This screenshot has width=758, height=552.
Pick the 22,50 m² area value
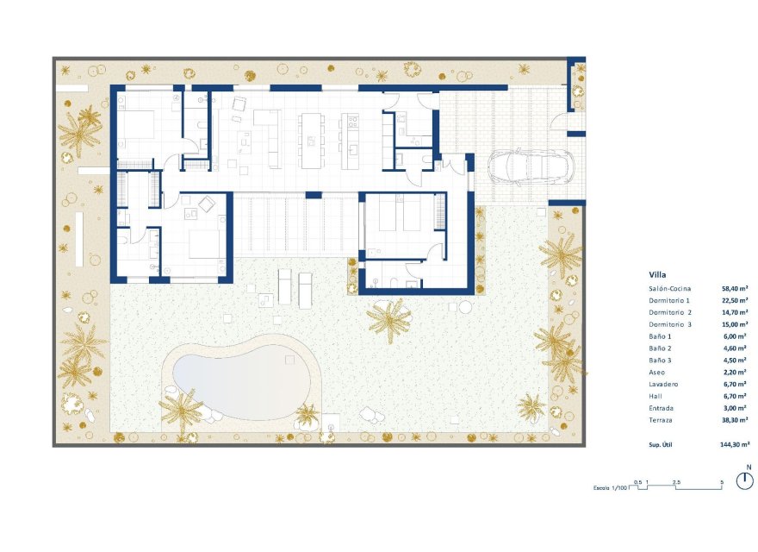pyautogui.click(x=734, y=299)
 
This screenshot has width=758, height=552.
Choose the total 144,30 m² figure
pyautogui.click(x=734, y=444)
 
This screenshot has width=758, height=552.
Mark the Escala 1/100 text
pyautogui.click(x=611, y=488)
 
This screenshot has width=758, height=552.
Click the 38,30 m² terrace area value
pyautogui.click(x=734, y=420)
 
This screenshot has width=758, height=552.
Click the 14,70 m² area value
pyautogui.click(x=734, y=311)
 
